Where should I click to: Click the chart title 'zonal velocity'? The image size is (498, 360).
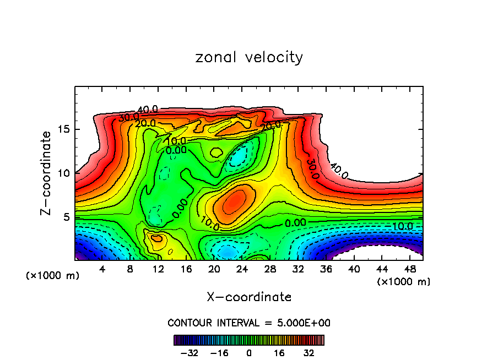click(x=249, y=57)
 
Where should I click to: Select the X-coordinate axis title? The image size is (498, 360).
click(x=249, y=297)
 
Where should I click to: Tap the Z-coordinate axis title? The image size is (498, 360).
click(x=46, y=173)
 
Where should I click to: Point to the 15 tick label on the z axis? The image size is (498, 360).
click(x=62, y=129)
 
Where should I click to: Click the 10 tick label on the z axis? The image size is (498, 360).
click(x=62, y=173)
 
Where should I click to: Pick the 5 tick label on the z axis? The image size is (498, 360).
click(x=65, y=216)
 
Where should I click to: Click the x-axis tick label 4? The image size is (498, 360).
click(x=102, y=269)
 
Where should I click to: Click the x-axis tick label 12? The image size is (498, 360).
click(x=158, y=269)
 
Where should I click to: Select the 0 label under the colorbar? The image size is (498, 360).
click(x=249, y=352)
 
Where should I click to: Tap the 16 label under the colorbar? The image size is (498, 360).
click(x=280, y=352)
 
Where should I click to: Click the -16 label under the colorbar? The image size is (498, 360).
click(x=220, y=352)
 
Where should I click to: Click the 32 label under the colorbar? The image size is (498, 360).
click(x=310, y=352)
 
